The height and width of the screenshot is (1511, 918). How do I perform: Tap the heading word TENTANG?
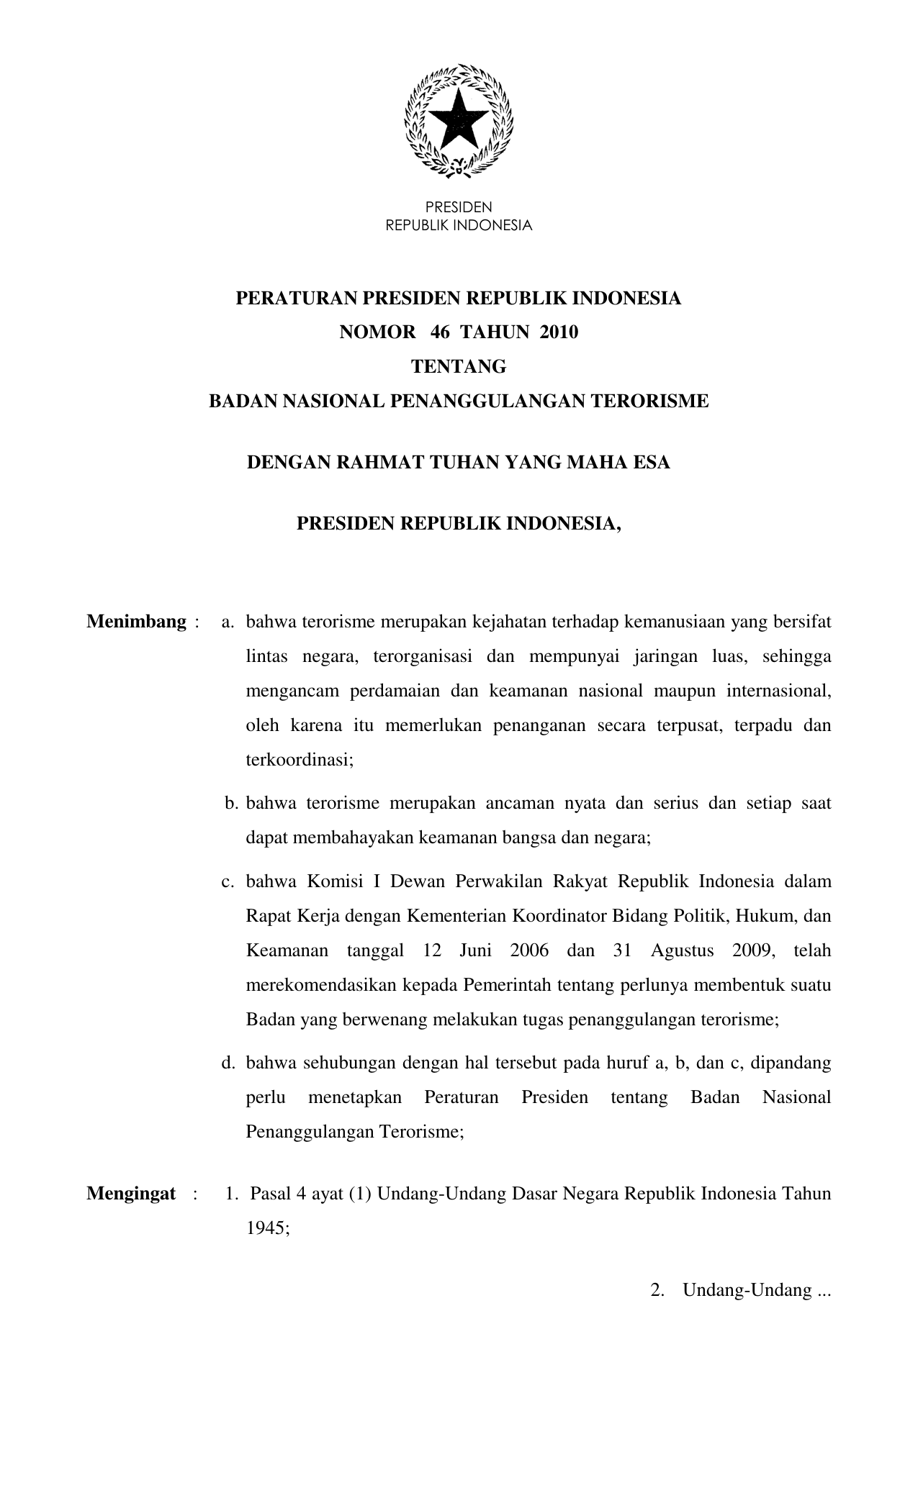459,366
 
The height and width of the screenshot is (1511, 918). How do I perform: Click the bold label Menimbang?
137,622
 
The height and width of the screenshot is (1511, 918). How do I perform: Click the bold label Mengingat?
131,1194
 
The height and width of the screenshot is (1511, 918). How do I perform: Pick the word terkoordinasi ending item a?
300,759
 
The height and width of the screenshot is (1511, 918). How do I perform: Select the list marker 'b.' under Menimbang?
231,803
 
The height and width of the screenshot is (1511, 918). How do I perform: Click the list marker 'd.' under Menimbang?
229,1063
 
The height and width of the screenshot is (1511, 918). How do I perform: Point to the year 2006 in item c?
529,950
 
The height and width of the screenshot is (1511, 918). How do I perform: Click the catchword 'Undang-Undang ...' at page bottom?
756,1290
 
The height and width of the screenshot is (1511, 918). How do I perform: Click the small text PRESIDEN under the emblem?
459,209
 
